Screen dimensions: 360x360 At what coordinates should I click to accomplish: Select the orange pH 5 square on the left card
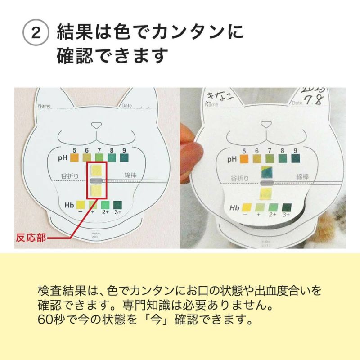74,158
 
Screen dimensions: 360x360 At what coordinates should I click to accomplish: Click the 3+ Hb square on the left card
117,205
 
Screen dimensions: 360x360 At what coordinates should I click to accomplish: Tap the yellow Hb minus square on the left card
81,205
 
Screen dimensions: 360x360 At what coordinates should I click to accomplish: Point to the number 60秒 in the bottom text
50,322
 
